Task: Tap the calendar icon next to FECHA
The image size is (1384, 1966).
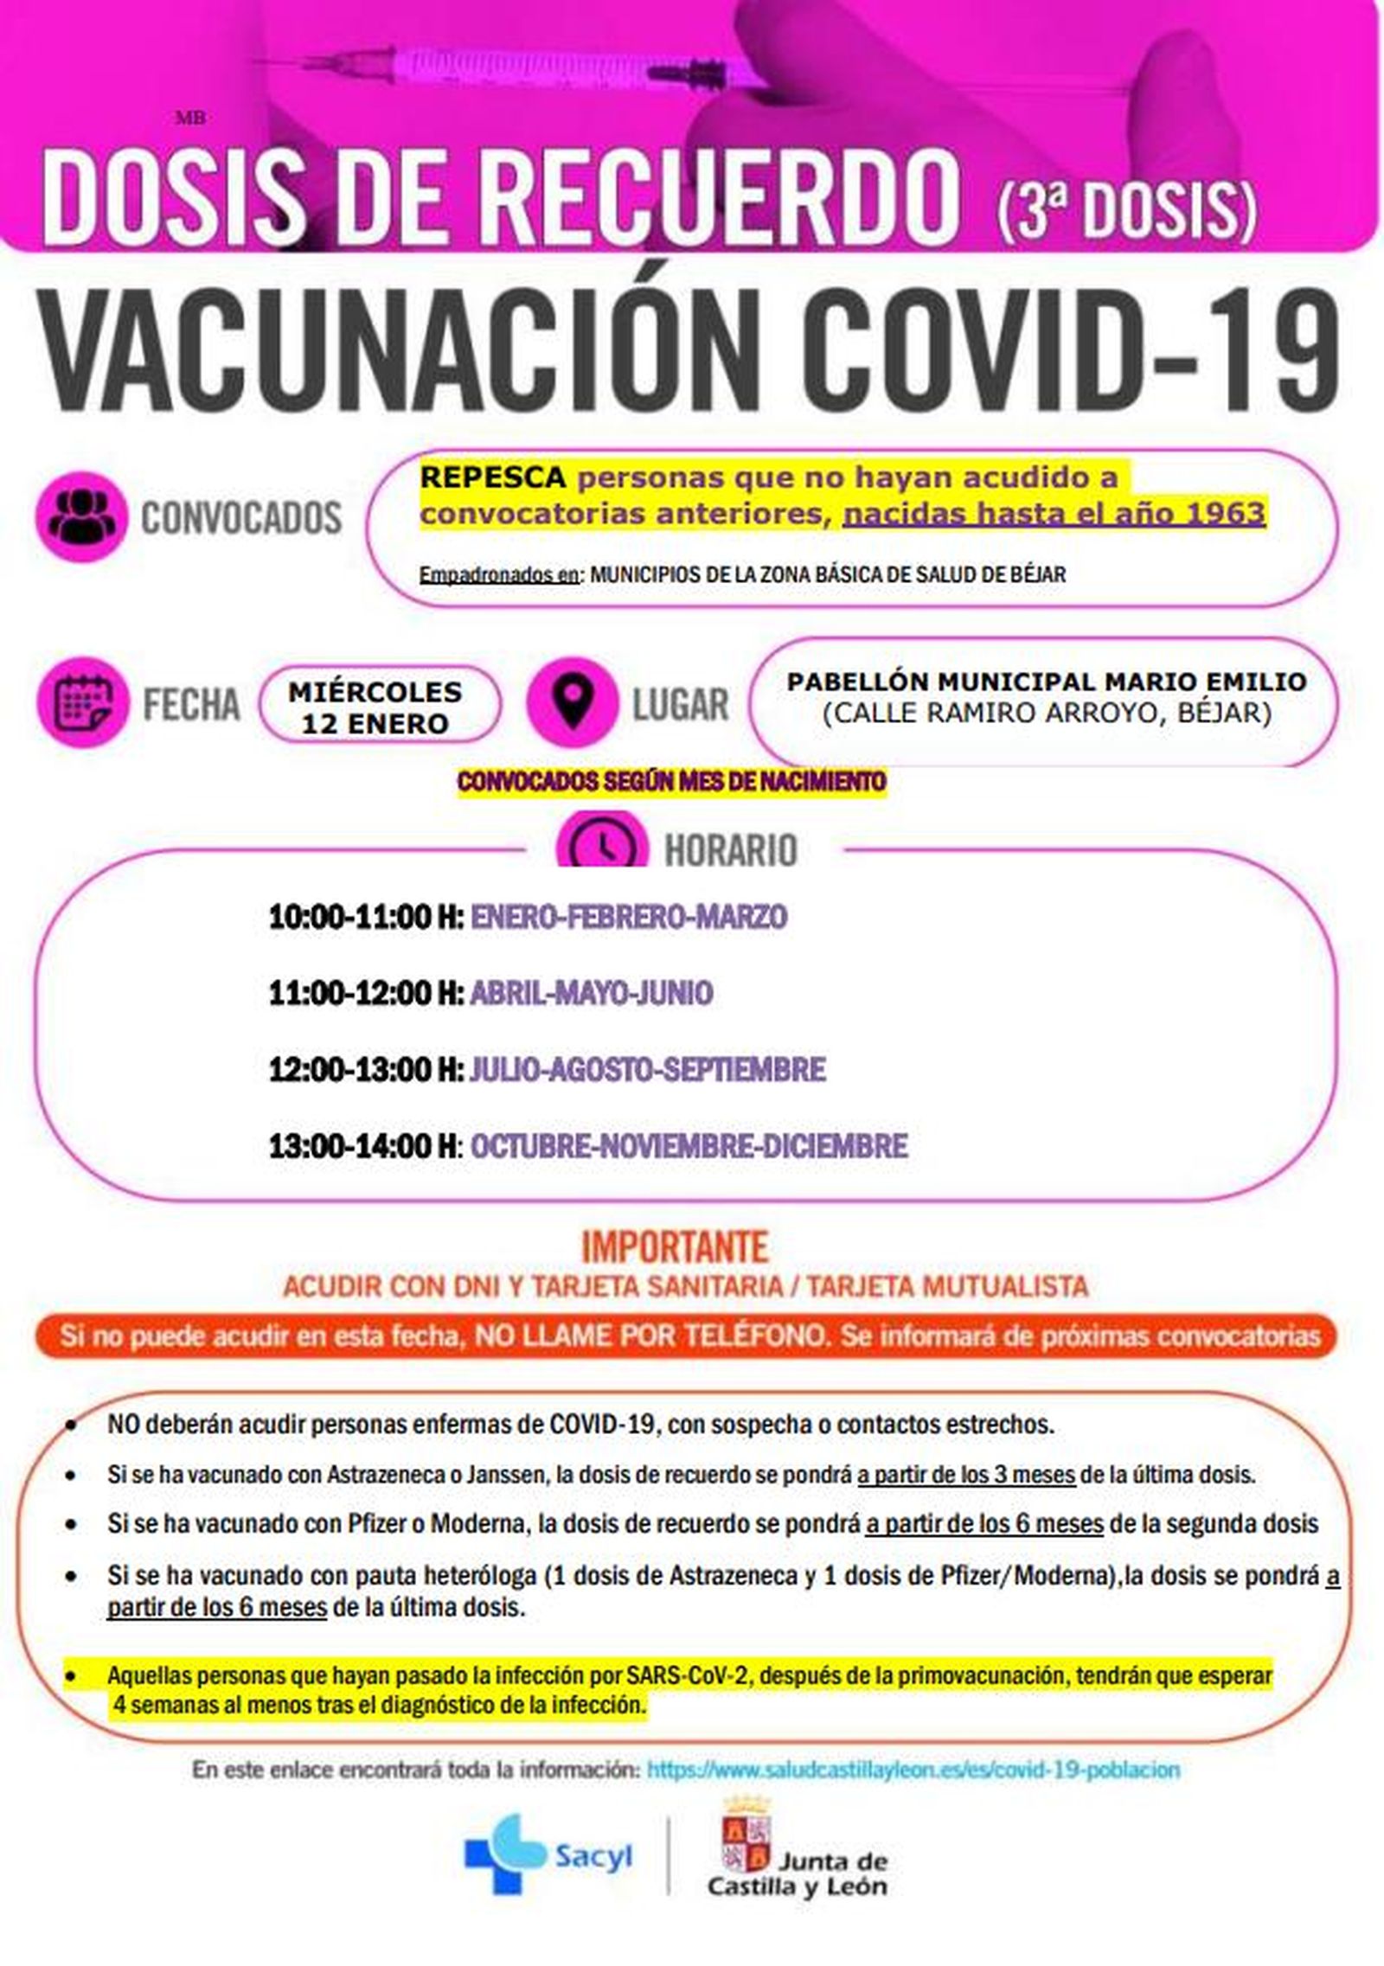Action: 83,704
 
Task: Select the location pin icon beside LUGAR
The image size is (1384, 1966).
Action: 573,704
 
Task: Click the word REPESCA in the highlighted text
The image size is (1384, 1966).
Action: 493,477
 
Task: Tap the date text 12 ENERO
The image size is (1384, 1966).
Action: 375,724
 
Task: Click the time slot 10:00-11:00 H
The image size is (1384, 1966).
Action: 366,917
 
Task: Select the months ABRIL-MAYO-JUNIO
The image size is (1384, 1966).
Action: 592,993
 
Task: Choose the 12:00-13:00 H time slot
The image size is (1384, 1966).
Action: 366,1070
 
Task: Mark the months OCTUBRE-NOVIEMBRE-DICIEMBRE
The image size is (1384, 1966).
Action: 689,1147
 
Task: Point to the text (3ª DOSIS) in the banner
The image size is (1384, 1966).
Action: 1125,208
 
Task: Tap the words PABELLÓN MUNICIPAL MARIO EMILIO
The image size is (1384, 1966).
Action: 1046,682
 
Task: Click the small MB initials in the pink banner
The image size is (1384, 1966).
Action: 190,118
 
